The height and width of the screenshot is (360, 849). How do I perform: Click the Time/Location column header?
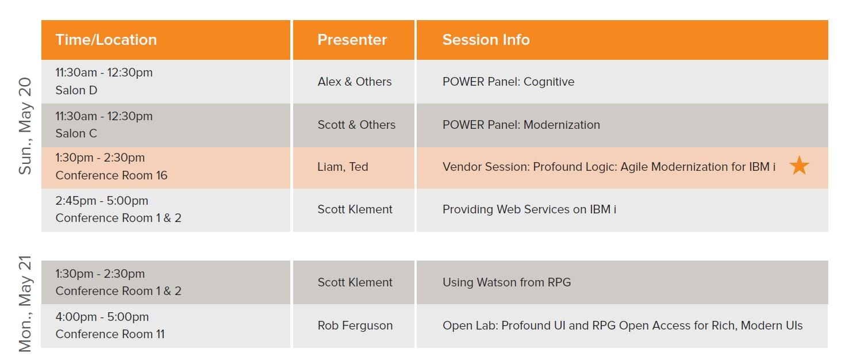click(x=106, y=40)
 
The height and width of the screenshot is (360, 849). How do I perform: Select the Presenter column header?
click(x=352, y=40)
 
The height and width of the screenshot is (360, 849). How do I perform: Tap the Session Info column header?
click(x=486, y=40)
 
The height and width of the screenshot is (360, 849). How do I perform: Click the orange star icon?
click(x=799, y=166)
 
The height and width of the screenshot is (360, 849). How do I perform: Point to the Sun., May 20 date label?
click(x=25, y=126)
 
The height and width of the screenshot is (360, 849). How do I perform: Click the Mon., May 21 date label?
click(x=25, y=304)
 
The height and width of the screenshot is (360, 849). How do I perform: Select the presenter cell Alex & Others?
click(x=355, y=82)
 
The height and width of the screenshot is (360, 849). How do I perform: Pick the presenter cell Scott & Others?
click(x=356, y=125)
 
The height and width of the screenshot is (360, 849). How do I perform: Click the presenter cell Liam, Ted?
click(x=343, y=167)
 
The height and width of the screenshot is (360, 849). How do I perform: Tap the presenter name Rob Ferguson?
click(x=355, y=325)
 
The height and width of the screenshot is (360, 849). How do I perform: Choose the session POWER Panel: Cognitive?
click(x=508, y=82)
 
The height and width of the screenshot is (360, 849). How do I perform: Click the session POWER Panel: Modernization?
click(x=521, y=125)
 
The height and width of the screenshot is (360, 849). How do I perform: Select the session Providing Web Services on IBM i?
click(x=529, y=209)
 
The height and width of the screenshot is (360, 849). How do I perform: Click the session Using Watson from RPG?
click(x=507, y=282)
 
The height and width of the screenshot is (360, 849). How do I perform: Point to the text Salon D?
click(x=76, y=90)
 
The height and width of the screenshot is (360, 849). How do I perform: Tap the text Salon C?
click(x=76, y=133)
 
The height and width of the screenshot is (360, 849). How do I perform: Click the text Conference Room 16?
click(x=112, y=175)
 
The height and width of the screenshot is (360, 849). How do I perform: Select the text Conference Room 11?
click(x=110, y=334)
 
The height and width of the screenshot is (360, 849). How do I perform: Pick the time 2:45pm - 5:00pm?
click(x=102, y=201)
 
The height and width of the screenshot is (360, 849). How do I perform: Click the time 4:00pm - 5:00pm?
click(x=102, y=317)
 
